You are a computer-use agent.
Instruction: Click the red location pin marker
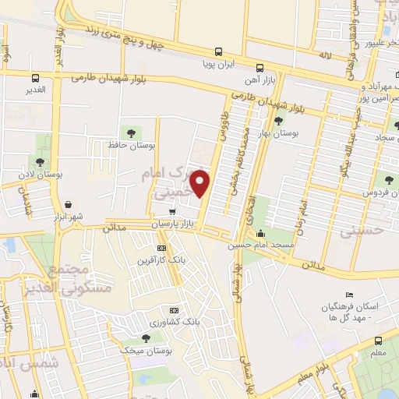tap(202, 183)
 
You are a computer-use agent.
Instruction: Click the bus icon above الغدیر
tap(36, 78)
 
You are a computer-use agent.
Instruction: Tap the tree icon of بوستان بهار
tap(278, 120)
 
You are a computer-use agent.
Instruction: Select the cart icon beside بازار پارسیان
tap(173, 210)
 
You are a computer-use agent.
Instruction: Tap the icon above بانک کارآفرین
tap(161, 248)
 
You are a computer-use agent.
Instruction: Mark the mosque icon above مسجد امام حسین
tap(260, 233)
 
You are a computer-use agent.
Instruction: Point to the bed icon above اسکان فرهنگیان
tap(349, 295)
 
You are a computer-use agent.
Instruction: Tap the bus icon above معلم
tap(378, 341)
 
